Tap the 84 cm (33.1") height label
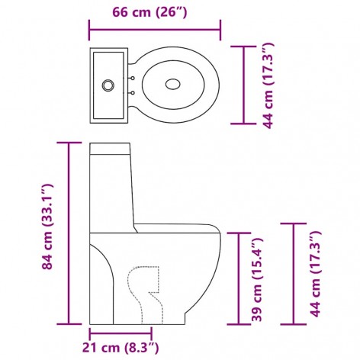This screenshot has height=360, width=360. [x=49, y=227]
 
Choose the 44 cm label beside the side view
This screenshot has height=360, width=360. [x=315, y=274]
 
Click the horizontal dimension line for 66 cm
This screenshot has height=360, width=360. [x=155, y=30]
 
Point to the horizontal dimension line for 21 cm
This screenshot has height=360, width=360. [x=121, y=333]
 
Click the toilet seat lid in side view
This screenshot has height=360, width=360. [x=175, y=227]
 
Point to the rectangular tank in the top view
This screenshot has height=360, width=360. [x=110, y=83]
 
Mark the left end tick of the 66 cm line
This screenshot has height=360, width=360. [x=90, y=30]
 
